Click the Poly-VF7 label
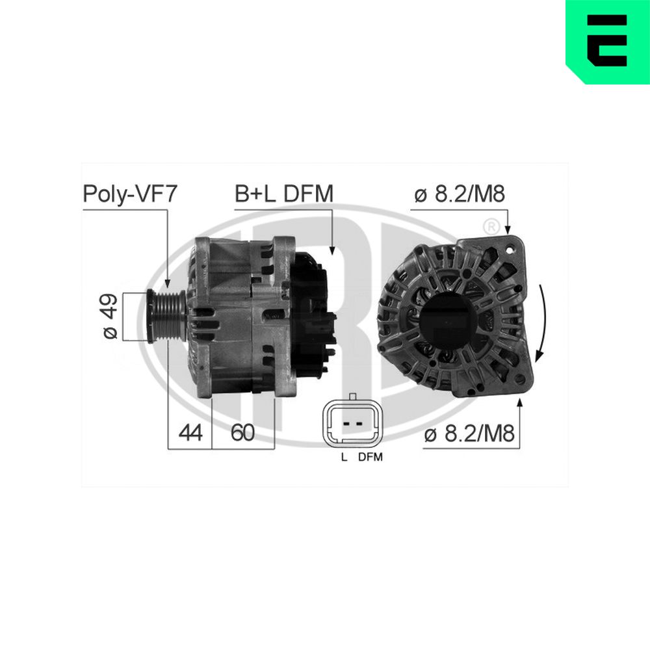coord(129,194)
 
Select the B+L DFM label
coord(284,194)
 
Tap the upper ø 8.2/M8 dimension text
coord(459,194)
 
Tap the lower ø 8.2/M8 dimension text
coord(469,433)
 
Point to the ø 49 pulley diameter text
coord(110,316)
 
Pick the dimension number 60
coord(242,433)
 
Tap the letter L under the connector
coord(344,457)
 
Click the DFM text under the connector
coord(370,457)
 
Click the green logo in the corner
coord(607,42)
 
